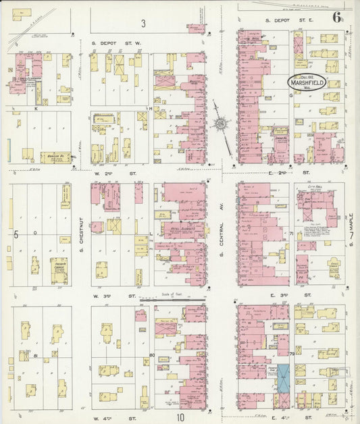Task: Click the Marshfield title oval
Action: pyautogui.click(x=307, y=82)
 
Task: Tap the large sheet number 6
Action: pyautogui.click(x=336, y=18)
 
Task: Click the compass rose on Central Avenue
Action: pyautogui.click(x=221, y=124)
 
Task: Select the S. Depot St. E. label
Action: pyautogui.click(x=282, y=21)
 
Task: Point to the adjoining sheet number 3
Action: pyautogui.click(x=143, y=24)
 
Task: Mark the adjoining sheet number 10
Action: pyautogui.click(x=180, y=417)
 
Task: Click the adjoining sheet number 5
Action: pyautogui.click(x=15, y=234)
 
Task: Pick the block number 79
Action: pyautogui.click(x=291, y=352)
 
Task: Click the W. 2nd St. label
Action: pyautogui.click(x=108, y=174)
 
